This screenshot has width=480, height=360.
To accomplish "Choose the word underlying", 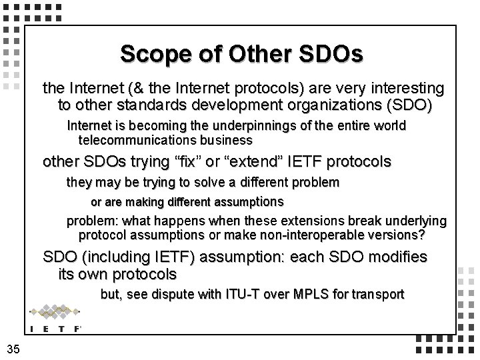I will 416,221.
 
